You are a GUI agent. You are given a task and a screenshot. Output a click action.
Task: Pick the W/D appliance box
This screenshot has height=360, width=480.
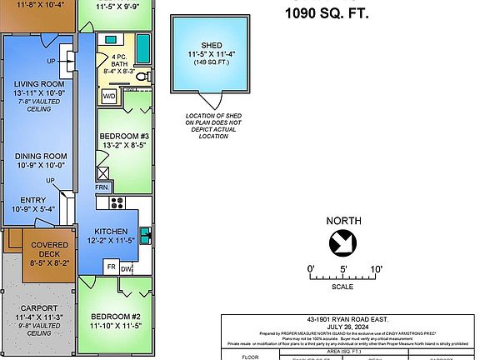click(109, 97)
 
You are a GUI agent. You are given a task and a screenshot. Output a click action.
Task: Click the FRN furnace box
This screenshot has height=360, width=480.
click(101, 187)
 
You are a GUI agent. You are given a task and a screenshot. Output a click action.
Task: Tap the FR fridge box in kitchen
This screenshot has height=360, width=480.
click(110, 267)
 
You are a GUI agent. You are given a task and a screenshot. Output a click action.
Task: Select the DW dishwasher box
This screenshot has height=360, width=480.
click(126, 267)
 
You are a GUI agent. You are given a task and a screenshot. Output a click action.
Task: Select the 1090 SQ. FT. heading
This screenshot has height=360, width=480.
click(327, 12)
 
